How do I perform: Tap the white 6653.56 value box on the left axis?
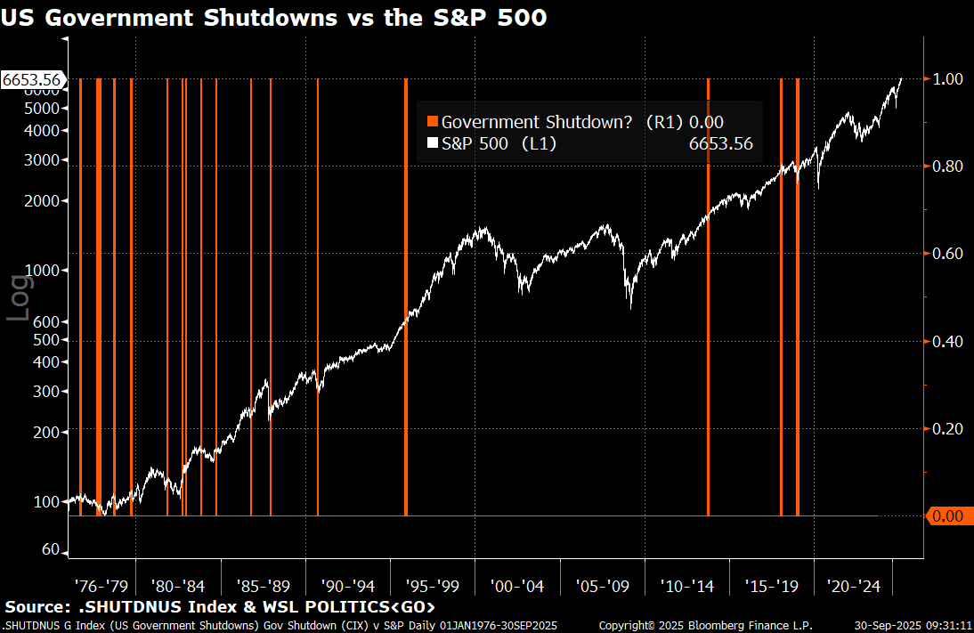31,80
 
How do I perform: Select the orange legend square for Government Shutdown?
433,123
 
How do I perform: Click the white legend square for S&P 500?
433,143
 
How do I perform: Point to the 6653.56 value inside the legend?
721,143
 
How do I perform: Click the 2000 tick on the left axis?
45,201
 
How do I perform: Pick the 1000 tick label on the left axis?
45,271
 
